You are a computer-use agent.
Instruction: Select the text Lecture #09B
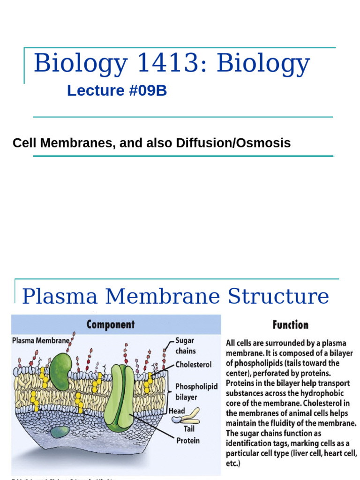pos(117,91)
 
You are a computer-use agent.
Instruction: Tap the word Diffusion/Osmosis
pos(233,143)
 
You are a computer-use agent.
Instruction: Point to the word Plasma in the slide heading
pos(60,297)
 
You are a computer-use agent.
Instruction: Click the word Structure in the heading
pos(278,297)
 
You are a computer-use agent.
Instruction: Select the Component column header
pos(111,324)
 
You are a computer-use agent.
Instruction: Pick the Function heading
pos(291,325)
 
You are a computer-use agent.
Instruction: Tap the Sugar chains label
pos(186,345)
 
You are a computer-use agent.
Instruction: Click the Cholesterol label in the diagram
pos(194,364)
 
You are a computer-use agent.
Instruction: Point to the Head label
pos(177,411)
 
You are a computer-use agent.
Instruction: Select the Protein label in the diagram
pos(187,440)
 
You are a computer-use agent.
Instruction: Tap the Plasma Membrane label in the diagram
pos(41,341)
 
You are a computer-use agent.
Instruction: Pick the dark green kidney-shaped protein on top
pos(61,371)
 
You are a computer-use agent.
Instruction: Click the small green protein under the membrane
pos(60,431)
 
